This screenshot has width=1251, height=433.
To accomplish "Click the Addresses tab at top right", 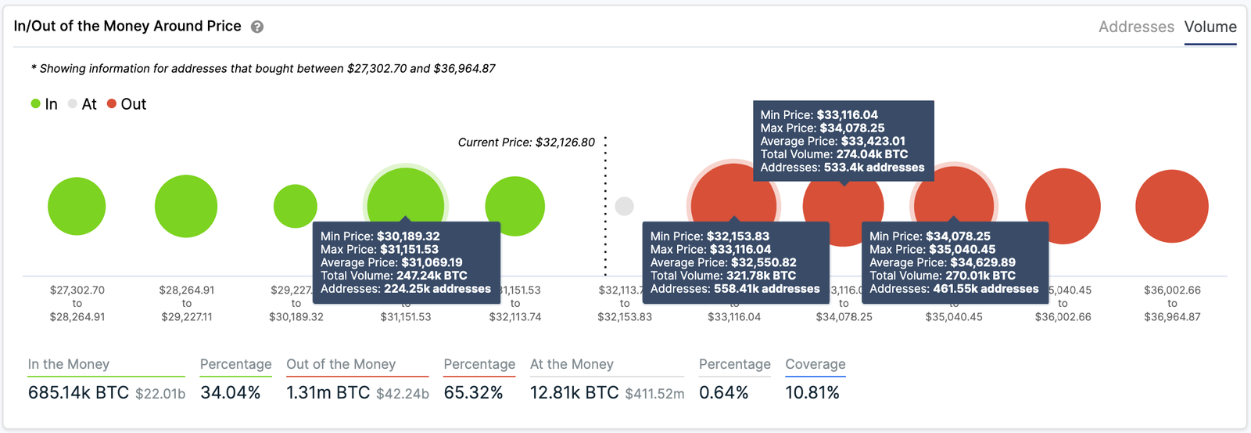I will [x=1135, y=27].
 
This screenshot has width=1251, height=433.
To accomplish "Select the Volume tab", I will [x=1210, y=27].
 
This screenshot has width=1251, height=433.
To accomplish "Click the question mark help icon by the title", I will [x=257, y=27].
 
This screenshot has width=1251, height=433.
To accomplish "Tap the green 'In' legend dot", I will [x=36, y=104].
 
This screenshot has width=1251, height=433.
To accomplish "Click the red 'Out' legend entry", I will [x=127, y=104].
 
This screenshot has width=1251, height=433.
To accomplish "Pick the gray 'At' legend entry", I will [x=82, y=104].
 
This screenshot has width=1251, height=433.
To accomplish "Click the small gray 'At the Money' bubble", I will [x=624, y=206].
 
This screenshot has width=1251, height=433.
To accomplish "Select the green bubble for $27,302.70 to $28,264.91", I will [x=77, y=206].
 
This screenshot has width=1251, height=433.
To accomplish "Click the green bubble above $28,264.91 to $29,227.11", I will [x=186, y=206].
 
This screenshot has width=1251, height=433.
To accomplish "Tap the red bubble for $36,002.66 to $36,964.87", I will [x=1171, y=206].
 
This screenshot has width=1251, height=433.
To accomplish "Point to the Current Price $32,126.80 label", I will [x=526, y=143].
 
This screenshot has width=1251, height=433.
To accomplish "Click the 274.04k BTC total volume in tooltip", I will [x=872, y=154].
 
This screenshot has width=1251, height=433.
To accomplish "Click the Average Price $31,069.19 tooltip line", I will [x=391, y=262].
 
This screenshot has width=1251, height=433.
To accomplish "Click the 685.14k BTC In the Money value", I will [x=78, y=392].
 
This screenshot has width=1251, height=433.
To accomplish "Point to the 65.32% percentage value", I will [x=473, y=392].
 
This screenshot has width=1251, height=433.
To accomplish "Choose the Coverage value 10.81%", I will [x=812, y=392].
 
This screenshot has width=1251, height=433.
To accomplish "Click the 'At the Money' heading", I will [x=572, y=364].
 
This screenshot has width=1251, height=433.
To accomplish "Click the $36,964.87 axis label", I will [x=1172, y=317].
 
